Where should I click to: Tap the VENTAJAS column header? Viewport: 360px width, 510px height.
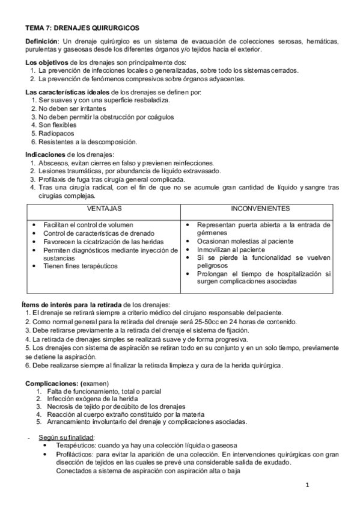(x=104, y=209)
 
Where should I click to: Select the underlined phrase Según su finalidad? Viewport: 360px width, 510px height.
(x=66, y=437)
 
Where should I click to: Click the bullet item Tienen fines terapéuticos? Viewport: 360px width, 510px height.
(x=81, y=266)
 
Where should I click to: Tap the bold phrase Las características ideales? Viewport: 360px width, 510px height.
(x=68, y=91)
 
